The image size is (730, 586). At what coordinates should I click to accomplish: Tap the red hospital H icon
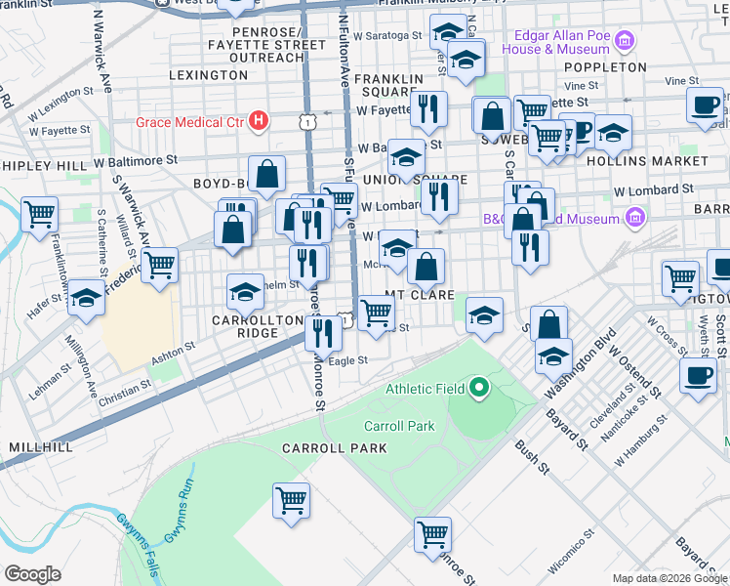click(x=259, y=121)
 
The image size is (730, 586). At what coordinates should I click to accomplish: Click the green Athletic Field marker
click(x=478, y=389)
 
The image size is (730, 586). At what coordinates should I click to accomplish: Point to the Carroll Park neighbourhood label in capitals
click(x=335, y=448)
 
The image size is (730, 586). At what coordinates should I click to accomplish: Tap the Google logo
click(x=32, y=574)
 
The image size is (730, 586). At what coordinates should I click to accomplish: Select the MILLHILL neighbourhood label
click(x=40, y=446)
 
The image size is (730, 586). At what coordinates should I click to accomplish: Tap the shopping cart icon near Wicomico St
click(x=432, y=534)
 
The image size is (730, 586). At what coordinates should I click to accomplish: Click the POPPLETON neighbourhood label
click(x=610, y=67)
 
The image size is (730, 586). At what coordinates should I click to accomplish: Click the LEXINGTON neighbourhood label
click(x=208, y=74)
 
